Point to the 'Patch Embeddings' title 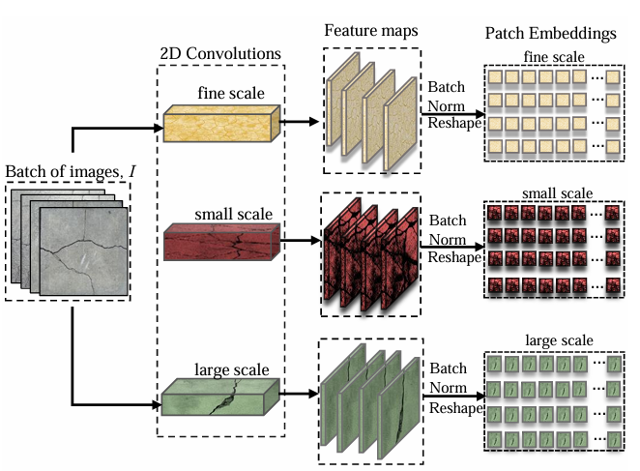click(549, 34)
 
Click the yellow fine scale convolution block click(220, 123)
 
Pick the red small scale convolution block click(220, 242)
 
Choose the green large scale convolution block click(220, 396)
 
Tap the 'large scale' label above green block click(231, 369)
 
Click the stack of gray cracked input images click(68, 242)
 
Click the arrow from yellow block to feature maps click(302, 123)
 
